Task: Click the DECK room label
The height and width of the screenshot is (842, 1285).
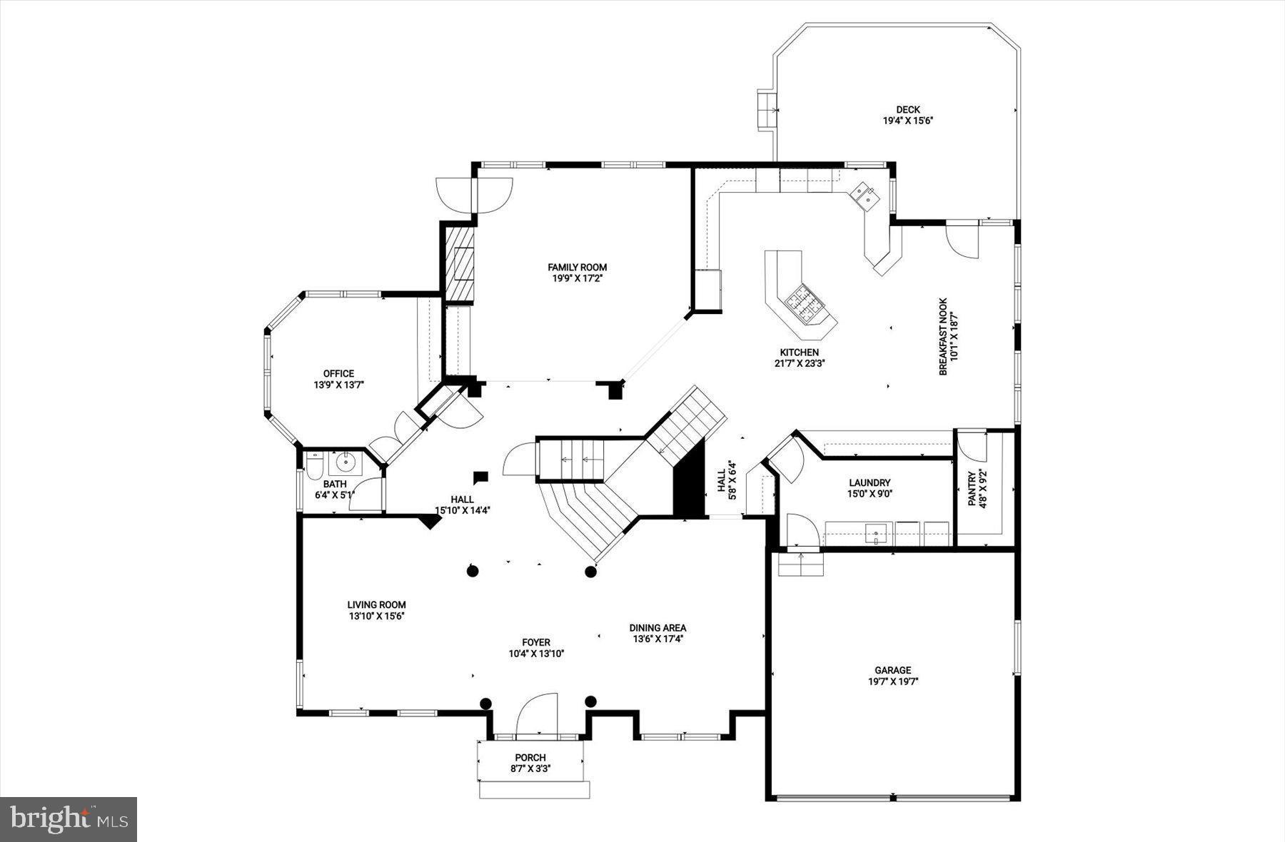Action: pyautogui.click(x=908, y=109)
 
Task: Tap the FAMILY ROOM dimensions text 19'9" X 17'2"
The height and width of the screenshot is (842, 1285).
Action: pyautogui.click(x=578, y=279)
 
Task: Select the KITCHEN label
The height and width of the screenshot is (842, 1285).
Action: pyautogui.click(x=799, y=352)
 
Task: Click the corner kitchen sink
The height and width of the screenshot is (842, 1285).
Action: pyautogui.click(x=864, y=194)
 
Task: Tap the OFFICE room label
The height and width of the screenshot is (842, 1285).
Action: pyautogui.click(x=338, y=373)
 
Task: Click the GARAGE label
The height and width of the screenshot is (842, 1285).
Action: pyautogui.click(x=893, y=670)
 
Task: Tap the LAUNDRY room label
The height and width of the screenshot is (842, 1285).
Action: pyautogui.click(x=870, y=482)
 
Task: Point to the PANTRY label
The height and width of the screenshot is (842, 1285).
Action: pyautogui.click(x=972, y=489)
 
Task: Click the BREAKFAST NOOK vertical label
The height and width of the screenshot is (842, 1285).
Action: pyautogui.click(x=942, y=336)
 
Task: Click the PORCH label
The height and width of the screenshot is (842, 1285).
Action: pyautogui.click(x=530, y=757)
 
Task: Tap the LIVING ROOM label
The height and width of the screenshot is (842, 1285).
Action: pyautogui.click(x=377, y=604)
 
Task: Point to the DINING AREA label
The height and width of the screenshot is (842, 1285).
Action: pyautogui.click(x=657, y=628)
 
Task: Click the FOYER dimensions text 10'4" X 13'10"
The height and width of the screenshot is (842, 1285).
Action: pyautogui.click(x=536, y=653)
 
